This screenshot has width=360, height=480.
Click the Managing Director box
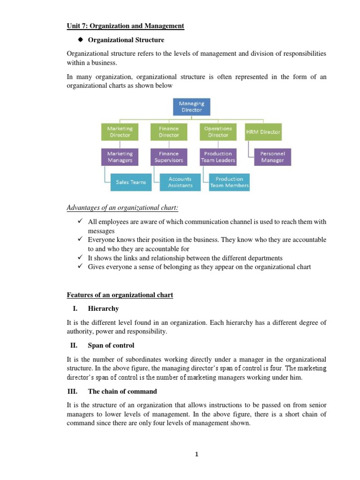click(x=191, y=106)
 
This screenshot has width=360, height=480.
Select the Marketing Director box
click(x=120, y=132)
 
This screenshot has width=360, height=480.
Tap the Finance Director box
click(x=169, y=132)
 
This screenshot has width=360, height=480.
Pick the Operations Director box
click(x=218, y=132)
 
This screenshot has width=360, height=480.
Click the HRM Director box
click(x=263, y=132)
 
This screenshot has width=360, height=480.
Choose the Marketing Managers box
click(x=120, y=157)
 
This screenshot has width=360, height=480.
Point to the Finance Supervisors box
click(x=169, y=157)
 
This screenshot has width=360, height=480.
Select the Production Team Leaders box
click(x=218, y=157)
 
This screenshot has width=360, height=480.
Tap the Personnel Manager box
click(x=272, y=157)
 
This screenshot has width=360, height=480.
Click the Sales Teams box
click(x=131, y=182)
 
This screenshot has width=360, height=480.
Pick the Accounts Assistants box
click(x=180, y=182)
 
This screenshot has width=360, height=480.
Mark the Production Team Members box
click(x=230, y=182)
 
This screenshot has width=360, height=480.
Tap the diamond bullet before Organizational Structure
click(x=80, y=40)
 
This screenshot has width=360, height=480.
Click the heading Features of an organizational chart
click(x=120, y=295)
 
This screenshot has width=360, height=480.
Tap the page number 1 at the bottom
click(x=197, y=454)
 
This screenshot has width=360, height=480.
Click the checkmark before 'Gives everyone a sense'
click(x=80, y=266)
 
